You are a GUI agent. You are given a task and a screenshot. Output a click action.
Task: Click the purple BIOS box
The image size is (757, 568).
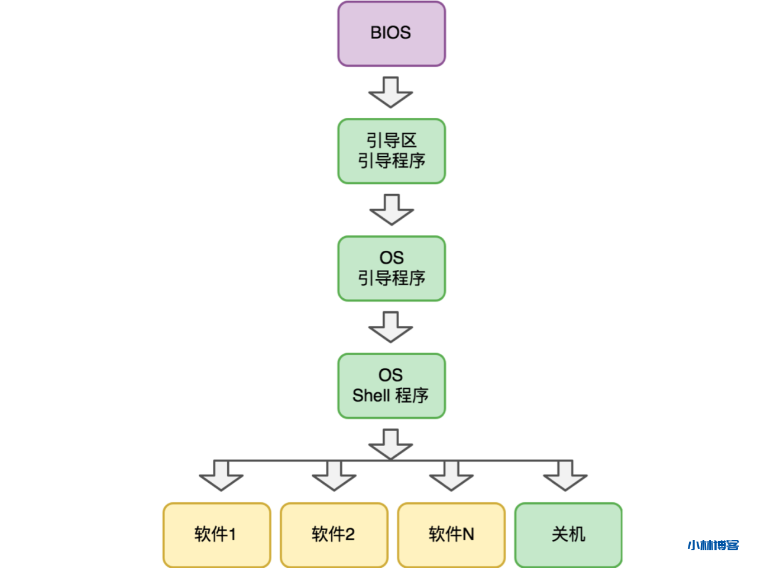[x=391, y=34]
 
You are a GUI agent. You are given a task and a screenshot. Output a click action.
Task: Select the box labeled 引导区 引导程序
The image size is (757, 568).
[x=391, y=151]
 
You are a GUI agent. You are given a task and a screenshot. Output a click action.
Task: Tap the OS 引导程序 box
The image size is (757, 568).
[x=391, y=268]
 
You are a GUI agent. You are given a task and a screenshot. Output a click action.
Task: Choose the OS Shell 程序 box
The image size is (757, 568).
[x=391, y=386]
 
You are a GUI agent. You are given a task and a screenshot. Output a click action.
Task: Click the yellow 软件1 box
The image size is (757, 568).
[x=216, y=534]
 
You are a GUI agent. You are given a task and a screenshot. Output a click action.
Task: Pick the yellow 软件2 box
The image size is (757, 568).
[x=334, y=534]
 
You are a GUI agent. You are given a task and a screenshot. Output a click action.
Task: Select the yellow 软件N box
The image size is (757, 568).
[x=451, y=534]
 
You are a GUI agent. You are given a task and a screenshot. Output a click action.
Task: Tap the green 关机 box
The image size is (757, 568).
[x=568, y=534]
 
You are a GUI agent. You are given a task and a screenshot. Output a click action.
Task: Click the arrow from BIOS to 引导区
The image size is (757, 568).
[x=390, y=92]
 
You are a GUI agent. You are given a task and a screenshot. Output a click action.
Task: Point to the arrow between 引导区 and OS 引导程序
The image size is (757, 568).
[x=391, y=209]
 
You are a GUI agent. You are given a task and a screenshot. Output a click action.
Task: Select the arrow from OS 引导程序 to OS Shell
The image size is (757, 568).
[x=390, y=327]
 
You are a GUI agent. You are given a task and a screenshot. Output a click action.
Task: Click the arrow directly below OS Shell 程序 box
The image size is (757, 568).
[x=390, y=444]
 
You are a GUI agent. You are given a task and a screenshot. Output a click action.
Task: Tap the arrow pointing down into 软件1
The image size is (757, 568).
[x=221, y=476]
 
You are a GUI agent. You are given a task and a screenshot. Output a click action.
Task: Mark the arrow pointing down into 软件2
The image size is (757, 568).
[x=334, y=476]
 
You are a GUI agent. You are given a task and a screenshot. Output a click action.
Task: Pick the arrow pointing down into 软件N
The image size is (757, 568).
[x=451, y=476]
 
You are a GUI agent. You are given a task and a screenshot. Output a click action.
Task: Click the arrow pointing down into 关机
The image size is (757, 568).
[x=565, y=476]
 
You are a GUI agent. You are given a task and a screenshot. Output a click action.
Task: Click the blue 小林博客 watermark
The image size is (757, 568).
[x=713, y=546]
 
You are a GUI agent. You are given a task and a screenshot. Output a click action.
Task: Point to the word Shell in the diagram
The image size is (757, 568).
[x=371, y=395]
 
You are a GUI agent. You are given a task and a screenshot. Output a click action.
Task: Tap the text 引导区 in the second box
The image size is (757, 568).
[x=391, y=140]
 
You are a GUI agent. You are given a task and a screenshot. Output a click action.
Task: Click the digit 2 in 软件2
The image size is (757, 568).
[x=350, y=534]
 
